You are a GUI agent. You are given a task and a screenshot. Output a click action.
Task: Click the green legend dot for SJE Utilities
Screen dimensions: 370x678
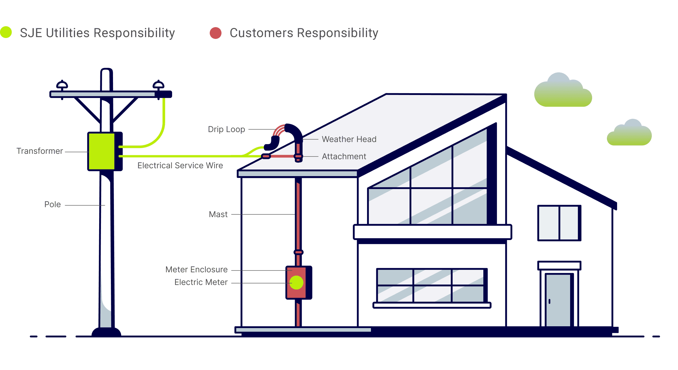[6, 32]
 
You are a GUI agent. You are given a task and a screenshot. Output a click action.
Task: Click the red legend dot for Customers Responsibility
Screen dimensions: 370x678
[215, 33]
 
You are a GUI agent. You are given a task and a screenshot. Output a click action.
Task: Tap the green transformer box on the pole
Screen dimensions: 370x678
[101, 151]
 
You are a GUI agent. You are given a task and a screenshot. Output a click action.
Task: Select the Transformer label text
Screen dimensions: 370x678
[39, 151]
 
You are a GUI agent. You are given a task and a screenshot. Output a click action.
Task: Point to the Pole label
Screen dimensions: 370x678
[52, 204]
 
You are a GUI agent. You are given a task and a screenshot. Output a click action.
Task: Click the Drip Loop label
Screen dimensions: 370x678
[226, 129]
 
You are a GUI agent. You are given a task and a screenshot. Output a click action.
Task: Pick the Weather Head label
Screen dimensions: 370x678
[349, 139]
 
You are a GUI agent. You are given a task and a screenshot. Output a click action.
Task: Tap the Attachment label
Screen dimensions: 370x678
[344, 157]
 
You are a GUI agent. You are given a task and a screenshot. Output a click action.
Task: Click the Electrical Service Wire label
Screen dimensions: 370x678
[180, 166]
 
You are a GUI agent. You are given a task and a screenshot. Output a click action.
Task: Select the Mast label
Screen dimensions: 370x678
[218, 214]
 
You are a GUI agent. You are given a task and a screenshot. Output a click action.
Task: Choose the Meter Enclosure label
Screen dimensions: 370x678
[196, 270]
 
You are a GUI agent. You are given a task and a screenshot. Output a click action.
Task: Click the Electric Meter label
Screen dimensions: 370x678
[201, 282]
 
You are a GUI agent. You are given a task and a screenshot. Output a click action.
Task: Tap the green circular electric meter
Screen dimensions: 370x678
[296, 283]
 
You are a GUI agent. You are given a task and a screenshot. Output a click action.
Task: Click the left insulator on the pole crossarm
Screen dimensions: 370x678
[62, 85]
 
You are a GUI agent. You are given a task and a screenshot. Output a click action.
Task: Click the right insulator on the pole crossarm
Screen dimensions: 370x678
[159, 85]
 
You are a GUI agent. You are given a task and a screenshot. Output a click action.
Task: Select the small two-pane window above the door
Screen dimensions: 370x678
[559, 223]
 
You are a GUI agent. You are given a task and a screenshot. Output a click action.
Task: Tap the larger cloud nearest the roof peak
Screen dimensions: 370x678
[563, 92]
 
